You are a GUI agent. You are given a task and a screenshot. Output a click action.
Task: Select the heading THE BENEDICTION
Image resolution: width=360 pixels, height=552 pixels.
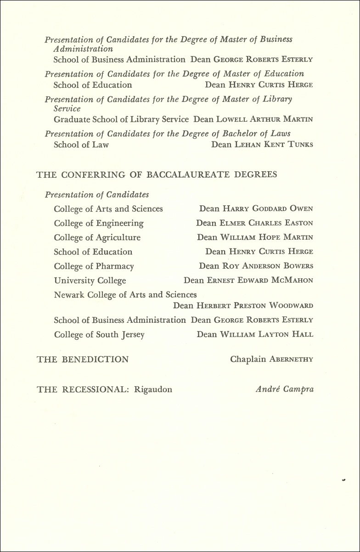tap(83, 360)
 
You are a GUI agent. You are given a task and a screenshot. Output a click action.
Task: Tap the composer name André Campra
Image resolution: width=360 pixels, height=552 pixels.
tap(285, 389)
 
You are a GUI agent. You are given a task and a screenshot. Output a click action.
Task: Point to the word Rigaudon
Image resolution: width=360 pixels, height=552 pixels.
tap(153, 389)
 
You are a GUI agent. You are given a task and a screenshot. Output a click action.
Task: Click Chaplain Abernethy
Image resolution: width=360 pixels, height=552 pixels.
tap(271, 360)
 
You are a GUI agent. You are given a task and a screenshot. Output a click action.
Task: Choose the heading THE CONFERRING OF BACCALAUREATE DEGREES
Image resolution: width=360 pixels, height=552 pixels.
tap(157, 175)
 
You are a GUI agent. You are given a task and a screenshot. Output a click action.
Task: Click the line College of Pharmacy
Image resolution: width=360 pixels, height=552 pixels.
tap(94, 266)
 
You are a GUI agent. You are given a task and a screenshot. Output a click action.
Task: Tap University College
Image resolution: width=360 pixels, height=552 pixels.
tap(90, 281)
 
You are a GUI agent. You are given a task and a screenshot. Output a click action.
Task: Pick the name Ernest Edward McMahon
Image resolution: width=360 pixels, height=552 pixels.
tap(260, 281)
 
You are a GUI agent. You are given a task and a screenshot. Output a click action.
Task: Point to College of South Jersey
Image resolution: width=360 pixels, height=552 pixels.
tap(99, 335)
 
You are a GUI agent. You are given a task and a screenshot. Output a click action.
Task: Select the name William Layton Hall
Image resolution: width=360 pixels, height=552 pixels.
tap(266, 335)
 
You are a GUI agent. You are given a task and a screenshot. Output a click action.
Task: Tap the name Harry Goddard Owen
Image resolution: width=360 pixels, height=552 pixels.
tap(268, 209)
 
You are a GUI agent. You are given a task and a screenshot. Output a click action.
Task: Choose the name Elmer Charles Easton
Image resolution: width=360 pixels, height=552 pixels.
tap(266, 223)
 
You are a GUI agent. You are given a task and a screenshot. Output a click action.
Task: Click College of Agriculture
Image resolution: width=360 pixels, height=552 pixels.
tap(97, 237)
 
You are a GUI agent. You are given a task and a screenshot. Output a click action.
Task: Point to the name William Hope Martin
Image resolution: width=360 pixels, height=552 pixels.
tap(267, 237)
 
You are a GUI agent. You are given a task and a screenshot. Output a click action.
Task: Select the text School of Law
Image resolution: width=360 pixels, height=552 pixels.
tap(81, 145)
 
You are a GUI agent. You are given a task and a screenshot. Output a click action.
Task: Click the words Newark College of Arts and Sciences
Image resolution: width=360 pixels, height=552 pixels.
tap(125, 295)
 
